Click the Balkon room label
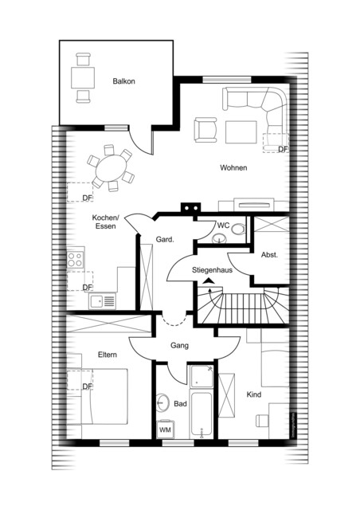(123, 81)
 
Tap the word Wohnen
(233, 168)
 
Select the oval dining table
(111, 168)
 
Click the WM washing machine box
(165, 430)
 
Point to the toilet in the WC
(238, 229)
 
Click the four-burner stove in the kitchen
(75, 259)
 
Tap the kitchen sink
(102, 301)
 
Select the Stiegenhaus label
(212, 270)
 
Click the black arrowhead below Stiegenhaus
(209, 280)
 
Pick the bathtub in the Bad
(202, 414)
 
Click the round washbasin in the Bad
(162, 403)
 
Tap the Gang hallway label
(179, 345)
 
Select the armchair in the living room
(205, 130)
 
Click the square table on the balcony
(83, 77)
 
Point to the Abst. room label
(269, 255)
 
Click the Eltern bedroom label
(108, 355)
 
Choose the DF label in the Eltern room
(87, 386)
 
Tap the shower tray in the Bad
(202, 376)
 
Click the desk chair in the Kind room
(262, 421)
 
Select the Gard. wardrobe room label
(165, 240)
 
